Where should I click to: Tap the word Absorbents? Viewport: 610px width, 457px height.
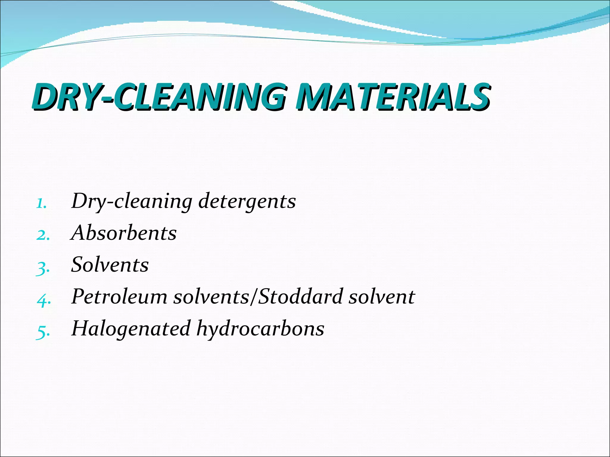(x=124, y=233)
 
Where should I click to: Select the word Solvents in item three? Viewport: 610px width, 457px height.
(x=110, y=265)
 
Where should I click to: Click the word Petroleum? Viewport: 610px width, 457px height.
(x=119, y=297)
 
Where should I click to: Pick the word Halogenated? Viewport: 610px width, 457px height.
(x=131, y=328)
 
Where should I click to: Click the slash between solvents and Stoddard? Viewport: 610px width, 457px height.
(x=253, y=297)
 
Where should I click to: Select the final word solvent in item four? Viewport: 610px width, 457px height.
(x=382, y=297)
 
